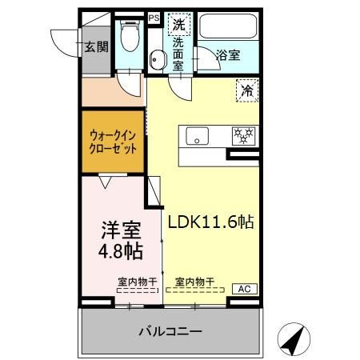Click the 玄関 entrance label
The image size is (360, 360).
(x=96, y=47)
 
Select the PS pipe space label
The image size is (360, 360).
(x=154, y=16)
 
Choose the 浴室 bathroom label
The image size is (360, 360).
(x=228, y=55)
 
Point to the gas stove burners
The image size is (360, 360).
(x=242, y=135)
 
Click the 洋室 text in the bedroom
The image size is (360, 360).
(x=120, y=232)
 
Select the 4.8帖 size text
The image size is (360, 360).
(x=120, y=252)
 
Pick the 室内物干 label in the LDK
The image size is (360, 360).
(x=194, y=282)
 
